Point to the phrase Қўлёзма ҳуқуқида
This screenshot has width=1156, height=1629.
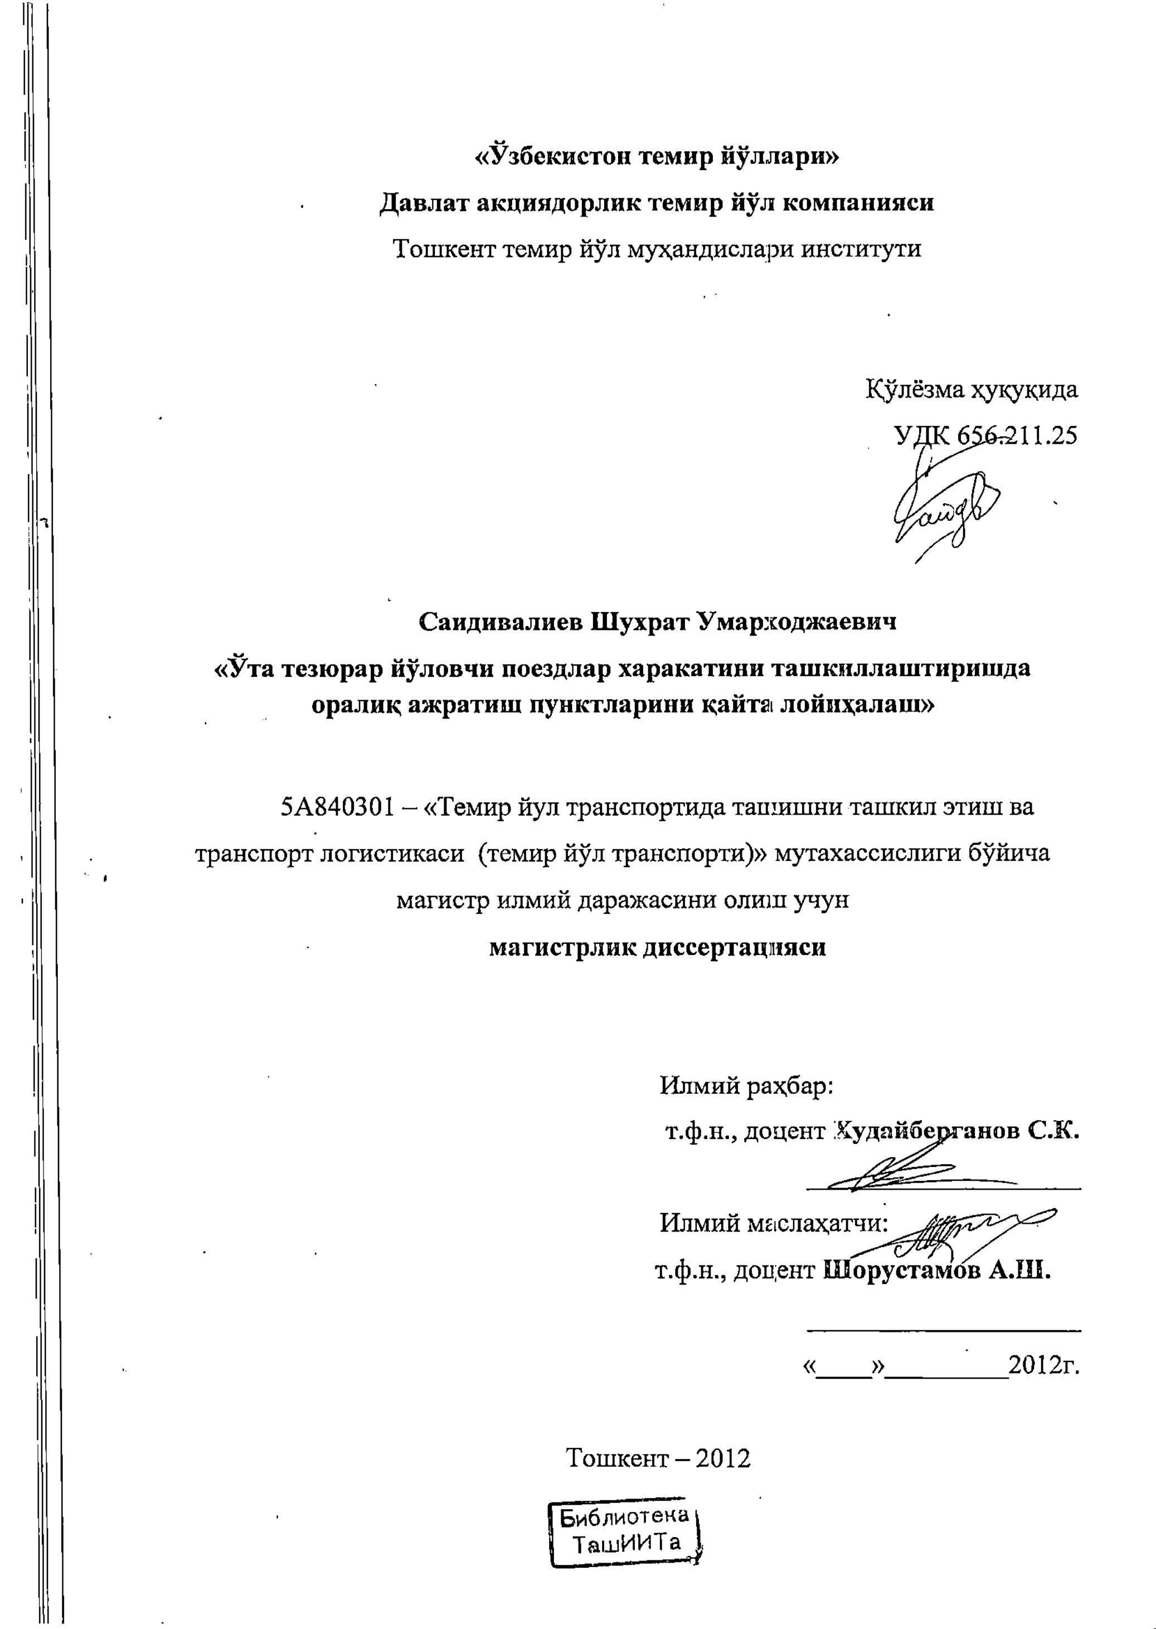click(971, 390)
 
